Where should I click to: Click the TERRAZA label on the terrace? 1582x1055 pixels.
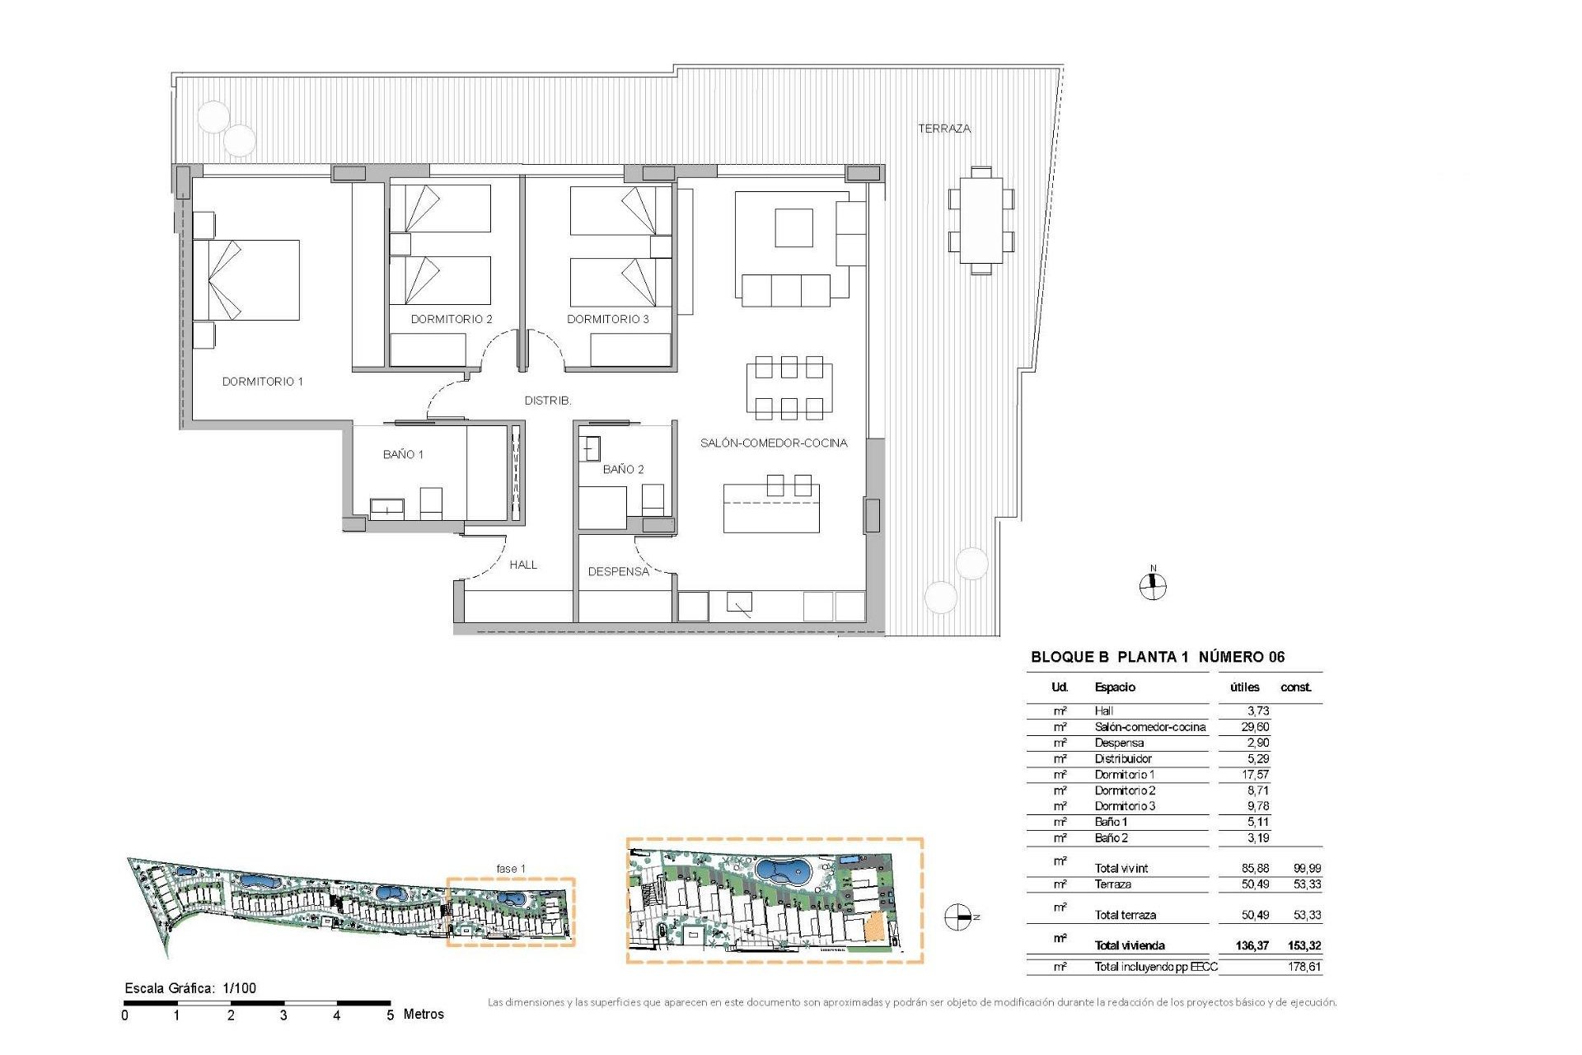pyautogui.click(x=944, y=129)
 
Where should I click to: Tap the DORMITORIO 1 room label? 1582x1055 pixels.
pyautogui.click(x=262, y=382)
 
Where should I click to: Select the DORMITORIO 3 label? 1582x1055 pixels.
pyautogui.click(x=607, y=319)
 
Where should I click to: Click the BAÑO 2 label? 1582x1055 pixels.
pyautogui.click(x=623, y=469)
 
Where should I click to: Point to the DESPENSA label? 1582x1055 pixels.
pyautogui.click(x=618, y=571)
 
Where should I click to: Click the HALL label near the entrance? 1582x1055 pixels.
pyautogui.click(x=522, y=565)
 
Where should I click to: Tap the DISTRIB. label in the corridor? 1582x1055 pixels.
pyautogui.click(x=547, y=401)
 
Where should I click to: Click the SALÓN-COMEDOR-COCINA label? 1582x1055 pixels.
pyautogui.click(x=773, y=443)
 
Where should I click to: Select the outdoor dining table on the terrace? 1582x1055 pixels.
pyautogui.click(x=981, y=220)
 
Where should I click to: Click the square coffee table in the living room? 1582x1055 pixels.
pyautogui.click(x=793, y=227)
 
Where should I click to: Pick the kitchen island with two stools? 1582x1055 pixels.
pyautogui.click(x=771, y=508)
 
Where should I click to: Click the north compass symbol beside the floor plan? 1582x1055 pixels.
pyautogui.click(x=1153, y=585)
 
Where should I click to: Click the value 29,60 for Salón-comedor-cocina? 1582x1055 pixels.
pyautogui.click(x=1254, y=727)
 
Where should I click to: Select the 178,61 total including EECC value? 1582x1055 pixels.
pyautogui.click(x=1304, y=967)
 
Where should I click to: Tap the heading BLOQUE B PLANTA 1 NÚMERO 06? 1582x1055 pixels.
pyautogui.click(x=1157, y=657)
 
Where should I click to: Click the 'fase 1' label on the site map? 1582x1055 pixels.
pyautogui.click(x=511, y=869)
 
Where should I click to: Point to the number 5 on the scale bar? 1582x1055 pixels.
pyautogui.click(x=390, y=1015)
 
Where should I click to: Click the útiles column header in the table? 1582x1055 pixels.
pyautogui.click(x=1243, y=687)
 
